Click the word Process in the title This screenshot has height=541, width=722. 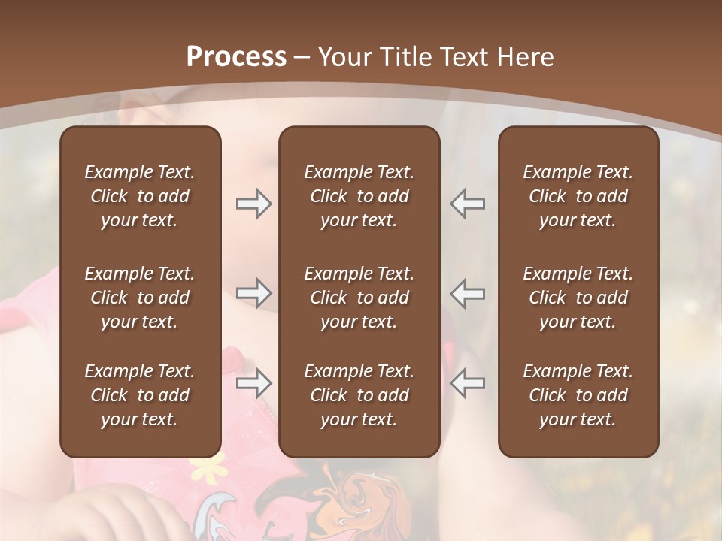click(236, 57)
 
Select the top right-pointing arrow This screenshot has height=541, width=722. click(253, 204)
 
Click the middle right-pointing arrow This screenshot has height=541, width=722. click(253, 293)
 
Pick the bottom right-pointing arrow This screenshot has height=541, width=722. click(253, 383)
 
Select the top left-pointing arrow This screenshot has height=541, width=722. click(467, 204)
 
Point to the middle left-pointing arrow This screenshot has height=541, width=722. click(467, 293)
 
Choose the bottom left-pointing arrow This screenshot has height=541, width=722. click(467, 383)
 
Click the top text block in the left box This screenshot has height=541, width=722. click(140, 196)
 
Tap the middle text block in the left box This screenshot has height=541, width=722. click(140, 298)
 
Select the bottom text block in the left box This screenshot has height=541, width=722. click(140, 395)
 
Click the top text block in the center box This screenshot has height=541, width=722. click(359, 196)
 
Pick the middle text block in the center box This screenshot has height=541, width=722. click(359, 298)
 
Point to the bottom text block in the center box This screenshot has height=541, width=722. click(359, 395)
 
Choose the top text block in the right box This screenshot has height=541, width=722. click(578, 196)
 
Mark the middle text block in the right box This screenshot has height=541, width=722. click(578, 298)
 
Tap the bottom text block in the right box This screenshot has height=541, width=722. click(578, 395)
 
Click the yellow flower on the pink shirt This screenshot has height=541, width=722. click(205, 470)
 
